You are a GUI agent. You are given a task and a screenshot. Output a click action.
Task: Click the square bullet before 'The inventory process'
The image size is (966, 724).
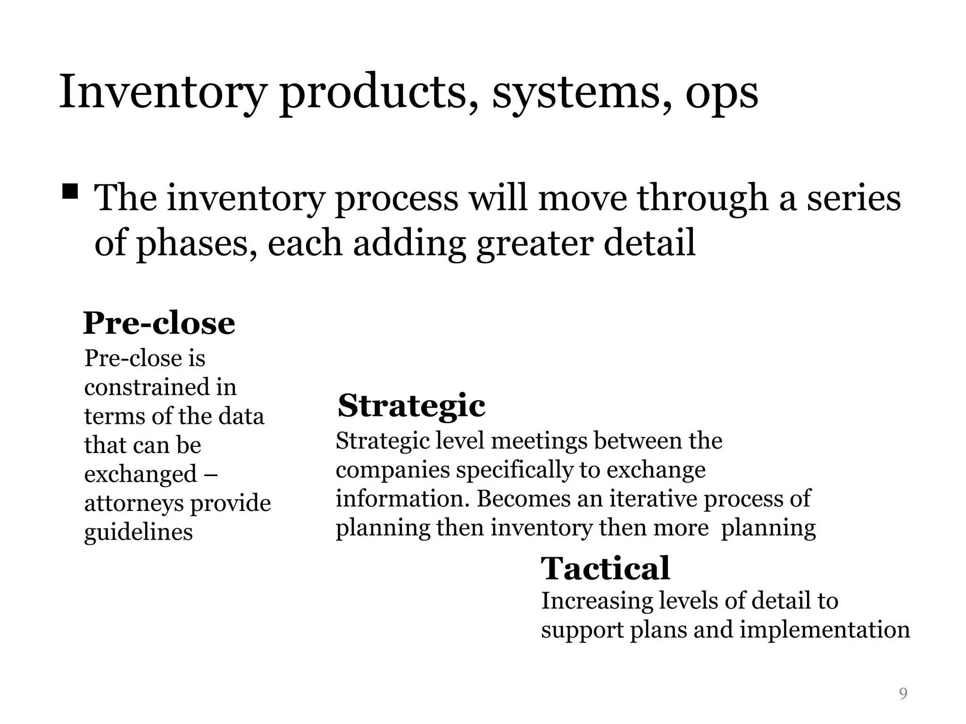(70, 192)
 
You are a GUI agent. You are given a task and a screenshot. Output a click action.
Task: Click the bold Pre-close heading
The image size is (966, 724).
(159, 323)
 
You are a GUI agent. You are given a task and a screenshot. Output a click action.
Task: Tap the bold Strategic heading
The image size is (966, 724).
(411, 406)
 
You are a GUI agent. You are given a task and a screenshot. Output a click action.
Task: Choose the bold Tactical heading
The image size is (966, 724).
(605, 568)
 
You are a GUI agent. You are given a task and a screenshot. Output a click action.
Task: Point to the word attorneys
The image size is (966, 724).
(133, 503)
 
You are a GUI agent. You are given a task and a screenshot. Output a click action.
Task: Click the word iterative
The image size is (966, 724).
(653, 499)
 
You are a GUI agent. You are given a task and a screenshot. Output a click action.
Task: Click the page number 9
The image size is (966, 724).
(903, 693)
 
